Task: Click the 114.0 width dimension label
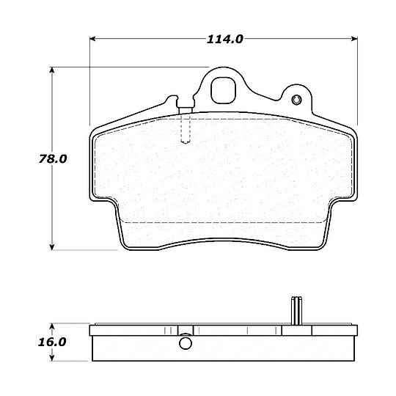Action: [225, 39]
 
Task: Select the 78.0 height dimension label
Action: [53, 159]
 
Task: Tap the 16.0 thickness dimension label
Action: [52, 342]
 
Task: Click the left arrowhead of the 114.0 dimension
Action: [92, 39]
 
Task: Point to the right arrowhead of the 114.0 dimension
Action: [355, 39]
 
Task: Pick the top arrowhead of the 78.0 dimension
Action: [52, 70]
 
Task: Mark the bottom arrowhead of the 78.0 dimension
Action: [52, 247]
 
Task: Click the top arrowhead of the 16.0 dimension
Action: [52, 326]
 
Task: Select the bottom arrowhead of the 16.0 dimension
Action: [52, 358]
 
